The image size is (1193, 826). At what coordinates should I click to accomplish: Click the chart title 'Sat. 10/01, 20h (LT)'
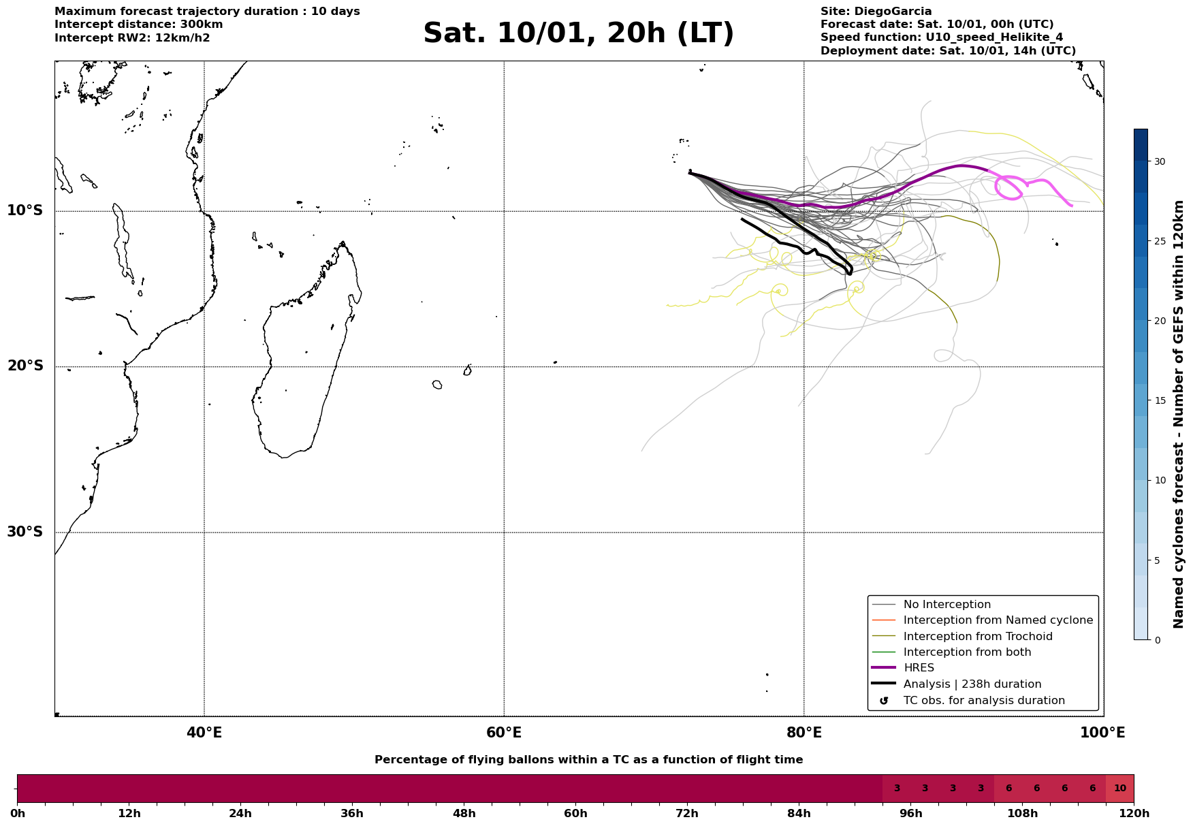pyautogui.click(x=578, y=34)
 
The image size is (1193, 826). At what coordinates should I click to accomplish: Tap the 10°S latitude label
pyautogui.click(x=25, y=210)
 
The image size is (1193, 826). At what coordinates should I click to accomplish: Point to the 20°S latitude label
pyautogui.click(x=25, y=366)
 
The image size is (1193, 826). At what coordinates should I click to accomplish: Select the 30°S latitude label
pyautogui.click(x=25, y=532)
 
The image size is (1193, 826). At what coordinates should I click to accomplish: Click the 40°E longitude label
pyautogui.click(x=204, y=733)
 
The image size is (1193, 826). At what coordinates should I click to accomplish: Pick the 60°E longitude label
pyautogui.click(x=504, y=733)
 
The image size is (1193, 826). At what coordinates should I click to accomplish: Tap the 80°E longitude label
pyautogui.click(x=804, y=733)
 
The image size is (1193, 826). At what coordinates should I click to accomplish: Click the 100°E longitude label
pyautogui.click(x=1102, y=733)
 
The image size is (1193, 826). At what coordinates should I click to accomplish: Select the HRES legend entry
pyautogui.click(x=919, y=668)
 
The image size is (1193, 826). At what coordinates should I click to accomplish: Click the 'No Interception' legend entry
pyautogui.click(x=947, y=605)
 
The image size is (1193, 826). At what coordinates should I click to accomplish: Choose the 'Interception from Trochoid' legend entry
pyautogui.click(x=977, y=637)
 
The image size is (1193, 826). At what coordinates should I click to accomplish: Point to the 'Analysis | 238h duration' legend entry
pyautogui.click(x=972, y=684)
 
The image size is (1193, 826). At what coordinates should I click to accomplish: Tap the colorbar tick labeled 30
pyautogui.click(x=1159, y=161)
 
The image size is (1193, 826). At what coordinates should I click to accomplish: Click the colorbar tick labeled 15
pyautogui.click(x=1159, y=401)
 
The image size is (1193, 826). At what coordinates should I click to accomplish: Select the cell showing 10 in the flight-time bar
pyautogui.click(x=1119, y=789)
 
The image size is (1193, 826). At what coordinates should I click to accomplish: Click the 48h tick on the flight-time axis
pyautogui.click(x=464, y=814)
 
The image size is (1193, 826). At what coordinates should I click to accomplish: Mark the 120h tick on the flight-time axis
pyautogui.click(x=1134, y=814)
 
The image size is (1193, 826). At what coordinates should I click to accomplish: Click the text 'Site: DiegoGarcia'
pyautogui.click(x=876, y=12)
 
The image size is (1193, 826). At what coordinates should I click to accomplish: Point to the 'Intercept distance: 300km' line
pyautogui.click(x=138, y=25)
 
